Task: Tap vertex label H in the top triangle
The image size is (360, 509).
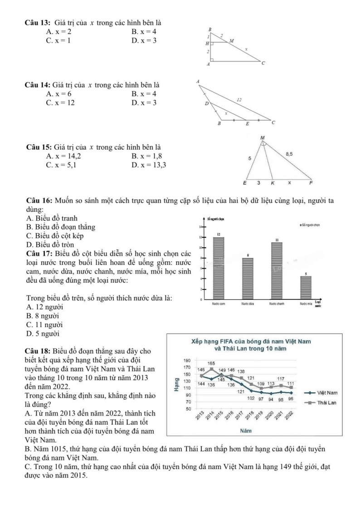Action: click(x=207, y=44)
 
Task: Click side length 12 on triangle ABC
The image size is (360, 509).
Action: click(x=239, y=98)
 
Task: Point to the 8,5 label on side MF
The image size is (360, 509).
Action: click(x=290, y=154)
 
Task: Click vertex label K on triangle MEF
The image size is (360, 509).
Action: click(x=272, y=184)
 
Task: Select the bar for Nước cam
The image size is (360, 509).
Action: click(x=218, y=267)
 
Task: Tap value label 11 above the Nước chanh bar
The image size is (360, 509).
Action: click(x=277, y=239)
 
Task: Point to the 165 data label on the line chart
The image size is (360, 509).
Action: click(x=211, y=363)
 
